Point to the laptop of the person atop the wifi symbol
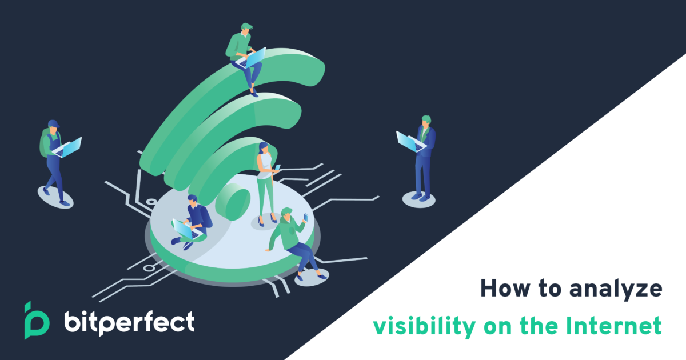pos(253,57)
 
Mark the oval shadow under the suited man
pos(418,198)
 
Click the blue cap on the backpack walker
pos(53,124)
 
